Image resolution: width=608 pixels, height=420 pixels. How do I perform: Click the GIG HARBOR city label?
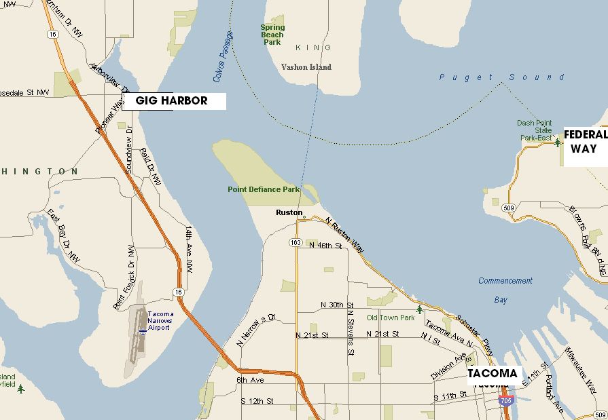(x=171, y=101)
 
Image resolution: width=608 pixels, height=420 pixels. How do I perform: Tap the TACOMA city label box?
(x=493, y=374)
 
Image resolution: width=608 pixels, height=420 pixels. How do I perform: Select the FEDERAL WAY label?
(x=585, y=142)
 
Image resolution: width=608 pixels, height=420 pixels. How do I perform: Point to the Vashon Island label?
(x=306, y=67)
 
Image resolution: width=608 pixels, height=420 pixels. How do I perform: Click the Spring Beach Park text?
(x=272, y=35)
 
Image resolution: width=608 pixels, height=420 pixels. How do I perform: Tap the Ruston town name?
(x=288, y=212)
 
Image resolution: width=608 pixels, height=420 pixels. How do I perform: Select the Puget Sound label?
(x=501, y=77)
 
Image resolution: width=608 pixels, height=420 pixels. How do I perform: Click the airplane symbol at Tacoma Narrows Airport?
(x=143, y=331)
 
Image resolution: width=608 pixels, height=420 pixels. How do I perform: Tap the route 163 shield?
(x=296, y=242)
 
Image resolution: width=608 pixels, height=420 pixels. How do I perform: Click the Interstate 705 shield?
(x=505, y=402)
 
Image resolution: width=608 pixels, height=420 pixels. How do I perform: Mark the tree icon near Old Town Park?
(x=419, y=310)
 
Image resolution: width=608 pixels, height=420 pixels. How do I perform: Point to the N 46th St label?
(x=325, y=246)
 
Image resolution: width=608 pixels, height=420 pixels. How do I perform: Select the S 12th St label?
(x=257, y=402)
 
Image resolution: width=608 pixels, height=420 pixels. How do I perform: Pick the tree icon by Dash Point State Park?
(x=557, y=142)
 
